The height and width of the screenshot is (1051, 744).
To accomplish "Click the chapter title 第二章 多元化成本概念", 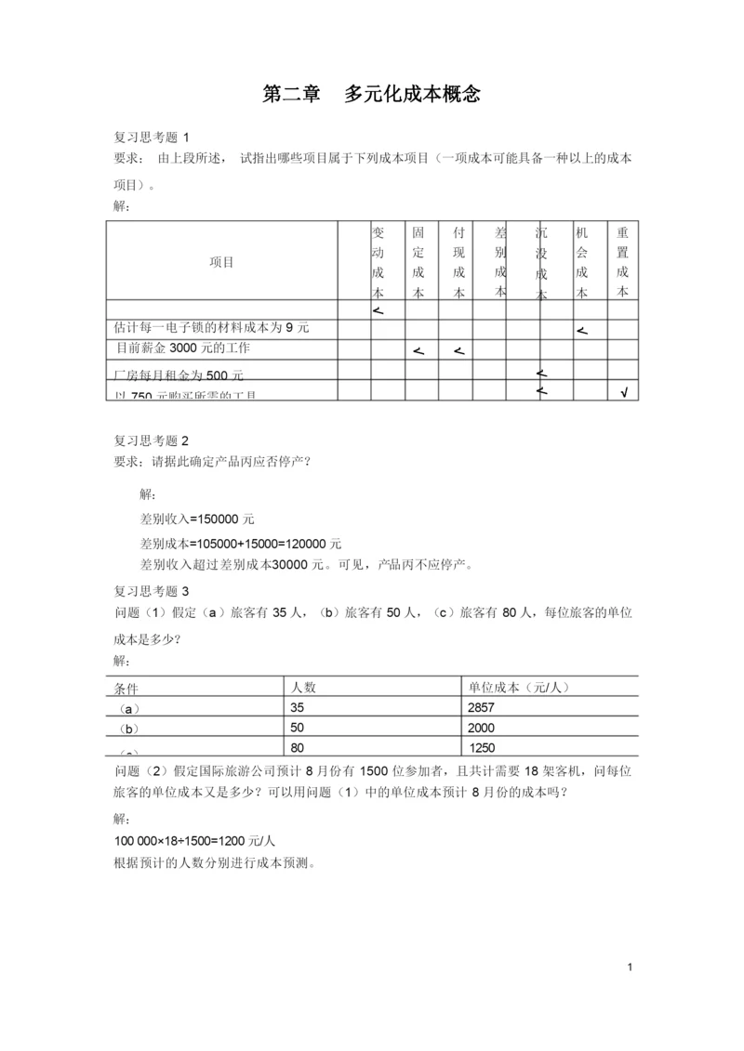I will (372, 94).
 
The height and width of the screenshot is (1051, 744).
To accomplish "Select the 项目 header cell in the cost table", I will (221, 262).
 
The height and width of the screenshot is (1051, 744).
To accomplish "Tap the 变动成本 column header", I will (378, 261).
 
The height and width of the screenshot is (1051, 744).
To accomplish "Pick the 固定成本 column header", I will (418, 261).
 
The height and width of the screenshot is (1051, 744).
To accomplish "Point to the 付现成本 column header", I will (458, 261).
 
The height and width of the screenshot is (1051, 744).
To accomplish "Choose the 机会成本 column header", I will (582, 261).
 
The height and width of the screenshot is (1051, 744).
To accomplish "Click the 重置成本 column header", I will (622, 261).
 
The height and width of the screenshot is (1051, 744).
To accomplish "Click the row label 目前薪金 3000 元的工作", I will (183, 348).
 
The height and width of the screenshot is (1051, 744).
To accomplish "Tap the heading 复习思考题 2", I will (157, 440).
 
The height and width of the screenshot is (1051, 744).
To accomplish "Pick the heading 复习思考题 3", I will (157, 591).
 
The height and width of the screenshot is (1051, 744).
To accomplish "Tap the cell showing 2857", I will (485, 708).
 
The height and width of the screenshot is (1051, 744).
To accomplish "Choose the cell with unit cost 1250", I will (483, 747).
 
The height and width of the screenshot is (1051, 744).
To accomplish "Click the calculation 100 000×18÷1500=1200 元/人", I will (194, 840).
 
